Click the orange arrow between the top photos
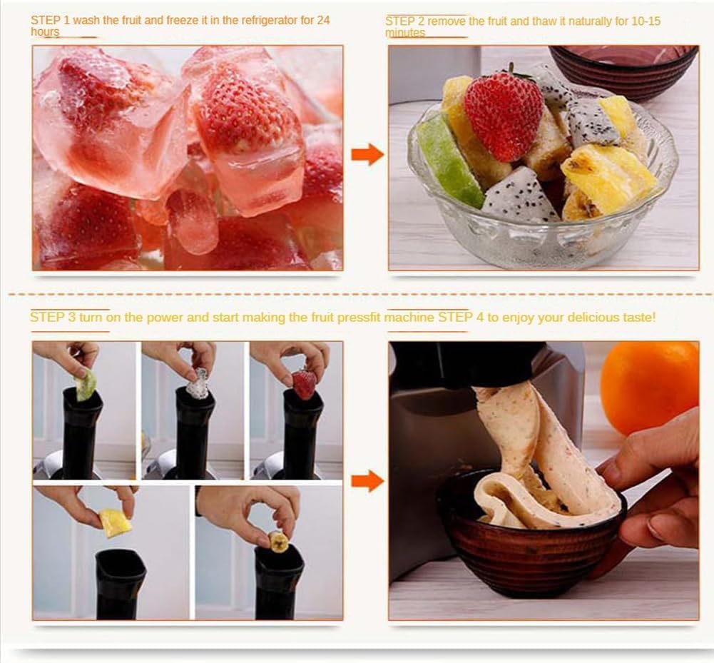pos(367,154)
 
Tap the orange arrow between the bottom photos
pos(367,481)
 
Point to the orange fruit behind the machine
pos(650,388)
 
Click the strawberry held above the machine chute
pos(304,385)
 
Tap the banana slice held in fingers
pos(279,542)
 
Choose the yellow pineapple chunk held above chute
pos(116,523)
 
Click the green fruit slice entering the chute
pos(86,385)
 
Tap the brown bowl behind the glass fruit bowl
pos(625,72)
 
